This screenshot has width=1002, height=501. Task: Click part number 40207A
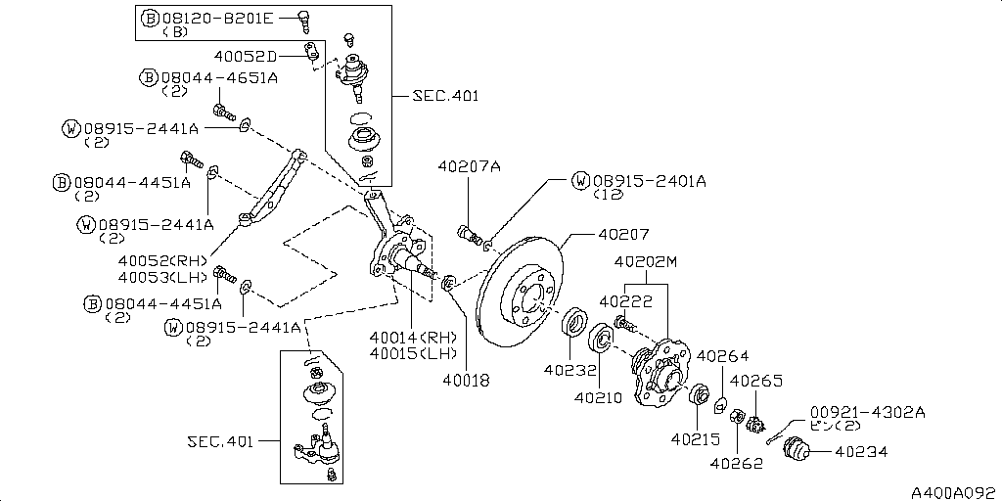[469, 167]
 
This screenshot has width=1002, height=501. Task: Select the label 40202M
[646, 262]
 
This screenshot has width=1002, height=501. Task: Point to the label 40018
[465, 379]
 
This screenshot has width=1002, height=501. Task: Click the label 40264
[725, 356]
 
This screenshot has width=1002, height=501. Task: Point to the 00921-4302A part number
[867, 411]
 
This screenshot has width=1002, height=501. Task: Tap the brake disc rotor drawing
[521, 294]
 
